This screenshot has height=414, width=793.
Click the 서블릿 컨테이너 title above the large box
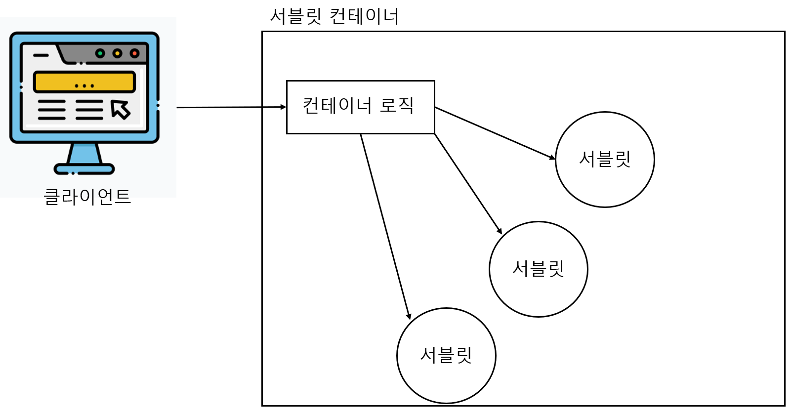pos(334,16)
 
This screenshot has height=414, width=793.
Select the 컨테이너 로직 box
pos(360,107)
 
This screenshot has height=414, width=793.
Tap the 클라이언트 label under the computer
pos(87,197)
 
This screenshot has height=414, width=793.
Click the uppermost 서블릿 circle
pos(605,159)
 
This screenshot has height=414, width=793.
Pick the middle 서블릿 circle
pos(538,269)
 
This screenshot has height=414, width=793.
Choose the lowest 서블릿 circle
pos(446,355)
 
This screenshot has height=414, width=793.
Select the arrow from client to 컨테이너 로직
pos(231,107)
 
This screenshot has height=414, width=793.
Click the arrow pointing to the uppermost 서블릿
pos(495,133)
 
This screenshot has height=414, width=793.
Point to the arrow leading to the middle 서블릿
pos(468,183)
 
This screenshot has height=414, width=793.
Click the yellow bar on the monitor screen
pos(84,82)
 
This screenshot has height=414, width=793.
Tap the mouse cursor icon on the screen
pos(121,109)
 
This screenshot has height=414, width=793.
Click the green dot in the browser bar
pos(100,53)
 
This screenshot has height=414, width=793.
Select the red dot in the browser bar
pos(134,53)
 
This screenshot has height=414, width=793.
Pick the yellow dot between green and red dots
pos(117,53)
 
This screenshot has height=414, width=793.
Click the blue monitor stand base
pos(84,169)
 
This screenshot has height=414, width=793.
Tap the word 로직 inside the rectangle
pos(396,105)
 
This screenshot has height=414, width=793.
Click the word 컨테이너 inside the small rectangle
pos(337,105)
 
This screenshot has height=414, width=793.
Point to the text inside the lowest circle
pos(446,355)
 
